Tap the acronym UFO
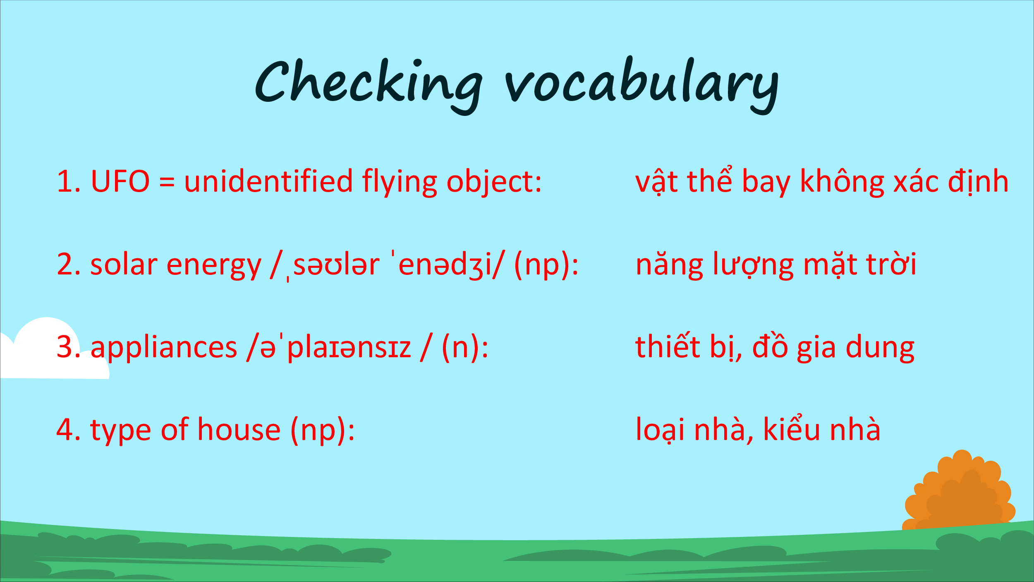point(120,182)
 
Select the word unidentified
point(268,181)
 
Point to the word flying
point(400,183)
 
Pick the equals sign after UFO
point(167,182)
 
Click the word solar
point(124,264)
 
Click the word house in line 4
point(239,429)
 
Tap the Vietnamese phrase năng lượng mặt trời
point(776,265)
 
